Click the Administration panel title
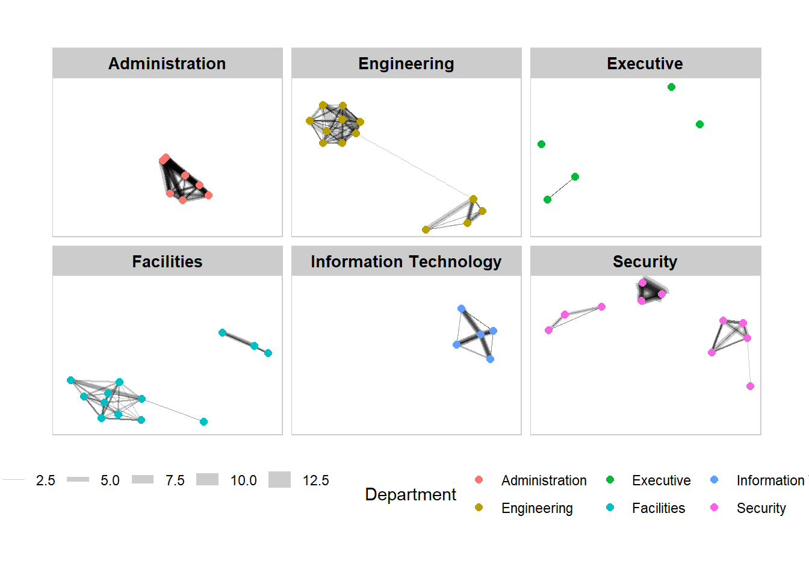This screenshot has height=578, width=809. [167, 64]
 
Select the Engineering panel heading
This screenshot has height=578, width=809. [406, 64]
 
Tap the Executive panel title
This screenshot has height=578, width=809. [645, 64]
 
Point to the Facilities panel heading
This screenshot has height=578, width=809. [167, 262]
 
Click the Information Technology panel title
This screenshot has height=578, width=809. [406, 262]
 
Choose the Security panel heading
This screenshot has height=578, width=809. [645, 262]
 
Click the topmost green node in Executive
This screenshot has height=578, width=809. [671, 87]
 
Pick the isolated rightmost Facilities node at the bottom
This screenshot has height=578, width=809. [203, 421]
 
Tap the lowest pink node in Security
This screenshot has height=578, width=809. [750, 386]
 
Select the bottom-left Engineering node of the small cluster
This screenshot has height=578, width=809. [426, 229]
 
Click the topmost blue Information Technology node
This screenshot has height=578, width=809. [461, 309]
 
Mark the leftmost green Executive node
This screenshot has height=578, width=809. [541, 144]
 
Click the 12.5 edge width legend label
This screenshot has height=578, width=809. [315, 480]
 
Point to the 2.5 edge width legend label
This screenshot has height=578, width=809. [45, 480]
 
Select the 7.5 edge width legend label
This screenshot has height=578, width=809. [175, 480]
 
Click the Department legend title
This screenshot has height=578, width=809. [411, 494]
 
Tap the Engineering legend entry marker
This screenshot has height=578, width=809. [479, 508]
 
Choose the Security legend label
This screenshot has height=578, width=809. [761, 508]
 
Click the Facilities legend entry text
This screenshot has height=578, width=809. [659, 508]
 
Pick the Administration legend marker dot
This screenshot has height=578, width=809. [479, 480]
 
